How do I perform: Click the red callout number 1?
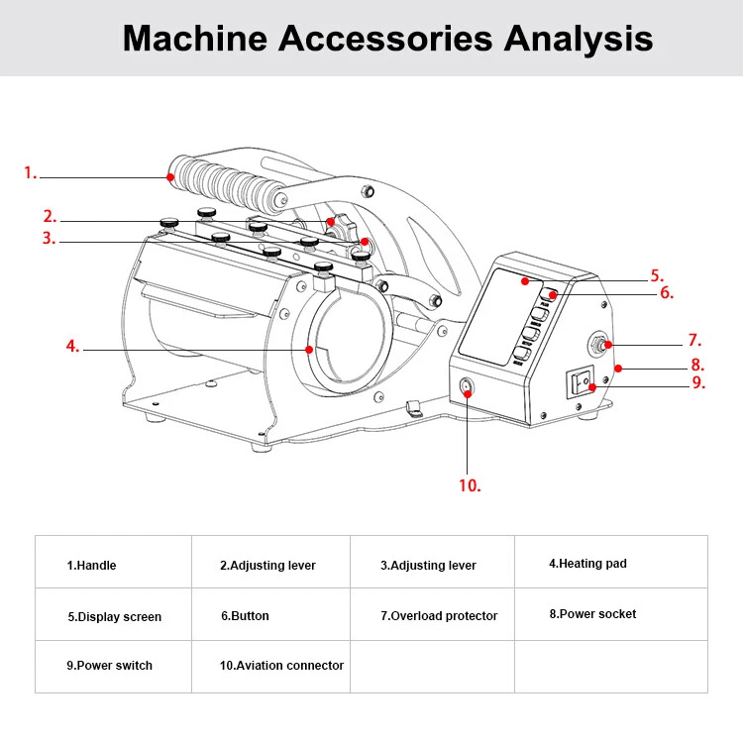tap(30, 173)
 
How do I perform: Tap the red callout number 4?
tap(71, 347)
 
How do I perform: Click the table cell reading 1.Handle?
tap(91, 566)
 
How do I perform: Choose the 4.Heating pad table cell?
tap(587, 564)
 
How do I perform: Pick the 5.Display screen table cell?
tap(114, 617)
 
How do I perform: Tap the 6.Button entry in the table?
tap(245, 616)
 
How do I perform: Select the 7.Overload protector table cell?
tap(439, 616)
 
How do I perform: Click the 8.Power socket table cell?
tap(592, 614)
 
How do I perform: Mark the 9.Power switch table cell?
tap(109, 666)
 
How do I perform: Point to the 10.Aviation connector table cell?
tap(281, 666)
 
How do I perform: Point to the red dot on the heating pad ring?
tap(309, 349)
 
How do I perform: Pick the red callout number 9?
tap(697, 381)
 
